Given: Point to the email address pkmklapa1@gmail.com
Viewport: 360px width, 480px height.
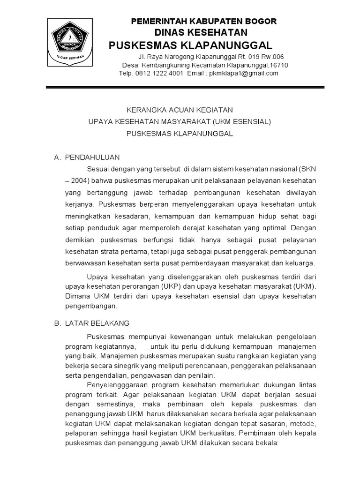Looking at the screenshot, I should click(x=243, y=73).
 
